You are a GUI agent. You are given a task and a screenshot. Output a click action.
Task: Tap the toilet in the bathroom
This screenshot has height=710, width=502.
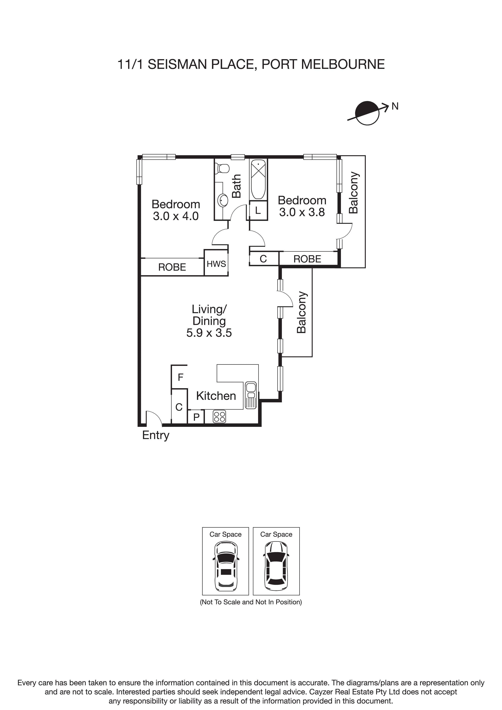click(223, 169)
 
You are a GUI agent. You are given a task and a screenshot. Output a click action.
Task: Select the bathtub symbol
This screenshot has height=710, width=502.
click(258, 179)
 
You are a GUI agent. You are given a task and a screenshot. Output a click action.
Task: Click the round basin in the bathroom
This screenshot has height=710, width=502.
click(223, 200)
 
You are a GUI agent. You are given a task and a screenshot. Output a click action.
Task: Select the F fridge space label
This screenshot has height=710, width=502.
click(181, 377)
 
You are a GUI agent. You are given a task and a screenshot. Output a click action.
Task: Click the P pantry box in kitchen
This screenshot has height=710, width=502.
click(196, 417)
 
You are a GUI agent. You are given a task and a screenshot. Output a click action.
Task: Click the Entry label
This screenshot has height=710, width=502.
click(156, 435)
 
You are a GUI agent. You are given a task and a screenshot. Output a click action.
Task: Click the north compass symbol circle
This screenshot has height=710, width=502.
click(367, 113)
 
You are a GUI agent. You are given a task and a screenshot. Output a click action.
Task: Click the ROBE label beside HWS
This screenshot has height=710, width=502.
click(172, 267)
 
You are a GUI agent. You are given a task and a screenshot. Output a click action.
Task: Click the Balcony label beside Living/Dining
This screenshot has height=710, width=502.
click(301, 312)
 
